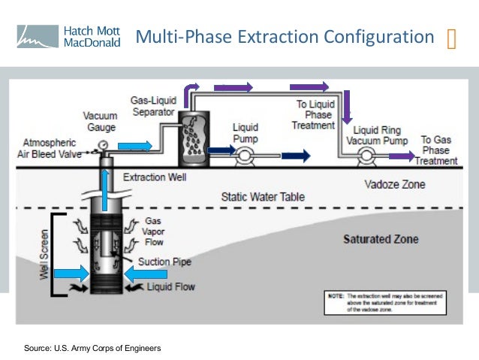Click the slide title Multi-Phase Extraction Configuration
pyautogui.click(x=285, y=36)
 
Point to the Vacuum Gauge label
pyautogui.click(x=100, y=121)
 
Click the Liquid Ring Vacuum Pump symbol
pyautogui.click(x=367, y=156)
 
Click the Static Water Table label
pyautogui.click(x=263, y=198)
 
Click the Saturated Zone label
pyautogui.click(x=381, y=239)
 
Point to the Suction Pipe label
pyautogui.click(x=164, y=262)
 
